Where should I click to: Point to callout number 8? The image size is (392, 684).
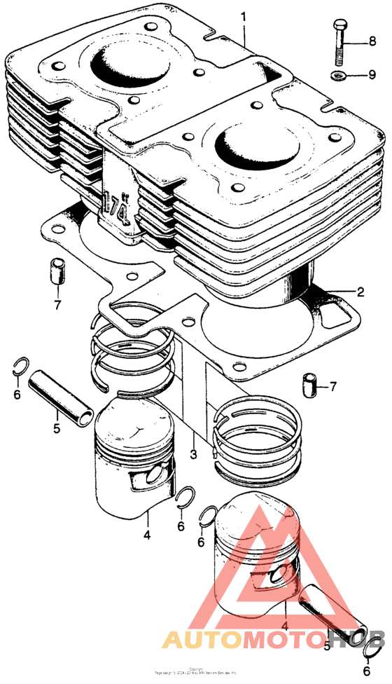[373, 43]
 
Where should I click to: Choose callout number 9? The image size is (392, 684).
[373, 76]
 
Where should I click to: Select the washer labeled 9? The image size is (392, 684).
[339, 76]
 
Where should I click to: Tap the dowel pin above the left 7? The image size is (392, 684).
[58, 271]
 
